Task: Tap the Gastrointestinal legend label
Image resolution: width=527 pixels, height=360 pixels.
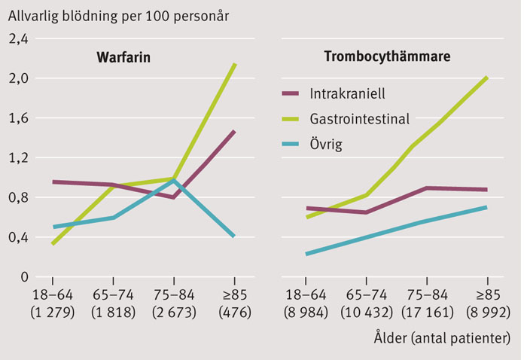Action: pyautogui.click(x=359, y=118)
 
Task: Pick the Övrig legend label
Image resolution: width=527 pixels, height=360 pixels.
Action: pyautogui.click(x=325, y=143)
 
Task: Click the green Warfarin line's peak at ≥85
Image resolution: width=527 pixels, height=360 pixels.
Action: pyautogui.click(x=235, y=65)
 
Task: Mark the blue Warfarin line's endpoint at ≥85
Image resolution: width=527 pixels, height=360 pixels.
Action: pyautogui.click(x=234, y=236)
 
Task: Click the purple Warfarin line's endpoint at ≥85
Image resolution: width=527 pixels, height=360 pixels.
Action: pyautogui.click(x=234, y=132)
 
